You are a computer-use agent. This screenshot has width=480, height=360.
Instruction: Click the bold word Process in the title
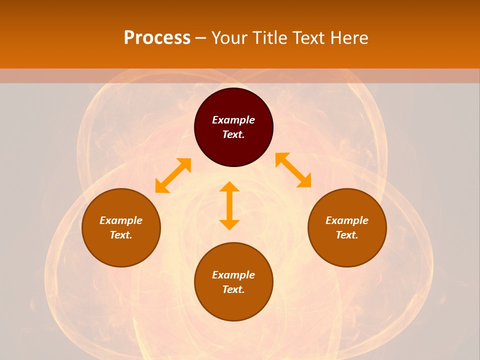157,38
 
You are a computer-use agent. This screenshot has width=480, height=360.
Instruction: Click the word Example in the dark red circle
233,120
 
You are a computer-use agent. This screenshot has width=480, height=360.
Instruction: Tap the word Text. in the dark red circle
233,134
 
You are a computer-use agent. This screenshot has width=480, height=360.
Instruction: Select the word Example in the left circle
121,220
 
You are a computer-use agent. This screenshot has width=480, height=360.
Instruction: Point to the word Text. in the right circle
347,235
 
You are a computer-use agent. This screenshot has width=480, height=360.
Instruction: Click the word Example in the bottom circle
233,275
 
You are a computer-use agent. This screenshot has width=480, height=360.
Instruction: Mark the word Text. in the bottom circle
233,289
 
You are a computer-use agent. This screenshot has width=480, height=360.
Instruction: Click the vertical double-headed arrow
229,205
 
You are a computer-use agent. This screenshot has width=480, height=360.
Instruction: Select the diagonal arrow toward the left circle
173,175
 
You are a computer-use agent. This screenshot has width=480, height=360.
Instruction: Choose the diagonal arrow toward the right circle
293,170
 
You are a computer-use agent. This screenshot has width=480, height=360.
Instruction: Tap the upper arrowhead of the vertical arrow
229,187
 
